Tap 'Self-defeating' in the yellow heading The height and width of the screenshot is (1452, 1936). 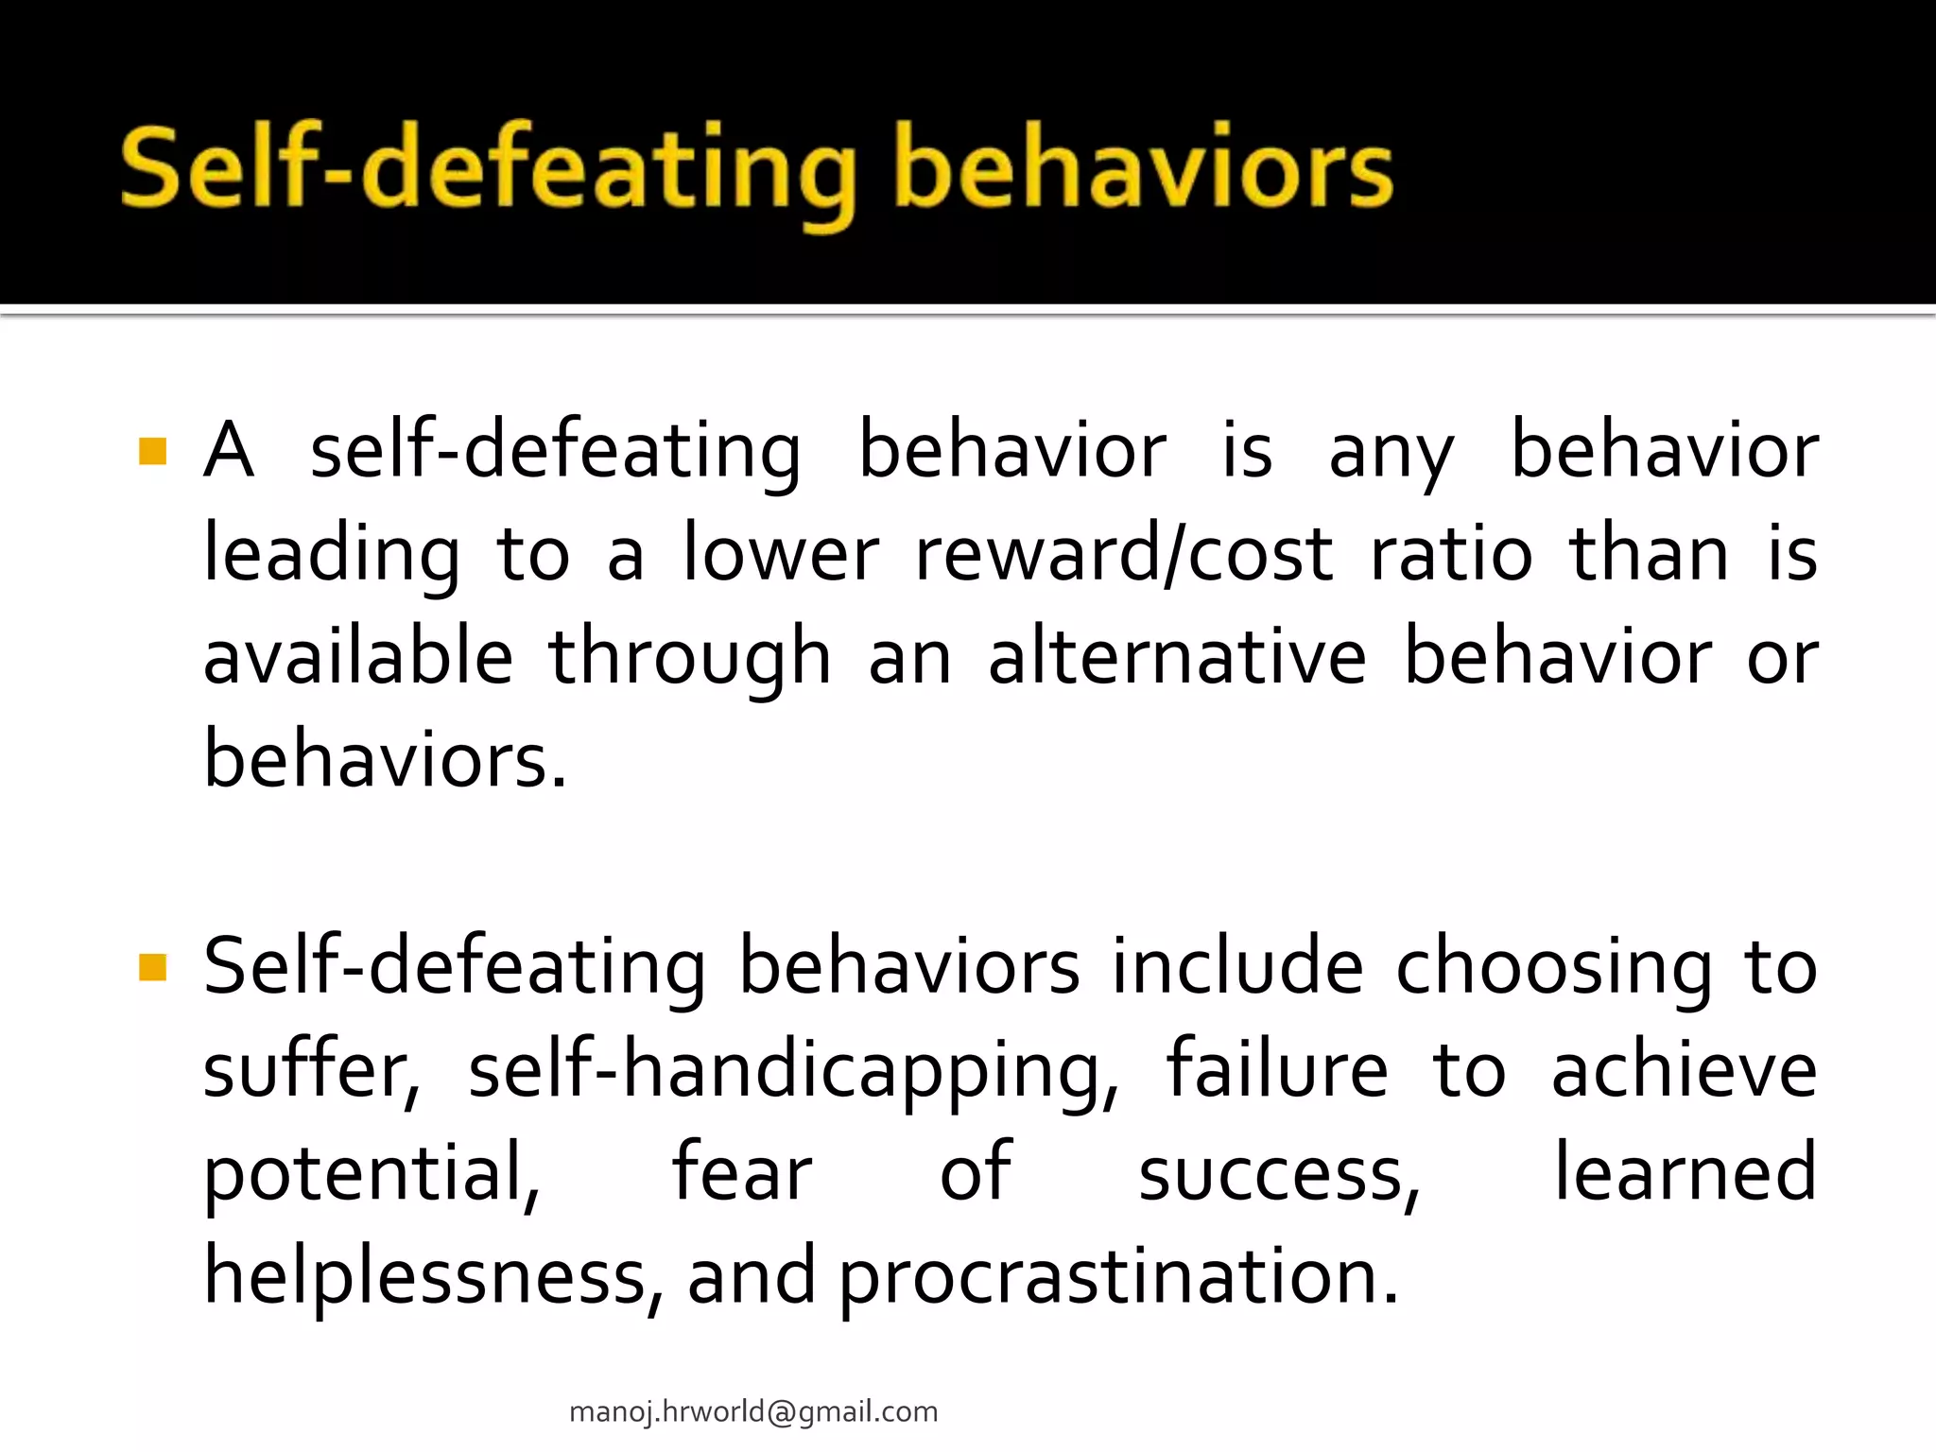[488, 170]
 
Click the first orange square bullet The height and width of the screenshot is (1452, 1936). [152, 451]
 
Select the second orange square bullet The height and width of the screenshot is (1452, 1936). [152, 967]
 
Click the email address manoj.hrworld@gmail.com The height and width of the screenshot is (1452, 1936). [753, 1411]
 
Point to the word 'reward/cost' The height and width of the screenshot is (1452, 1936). [1124, 554]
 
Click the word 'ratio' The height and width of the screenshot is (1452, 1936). [1451, 554]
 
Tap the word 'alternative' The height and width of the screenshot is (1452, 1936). [1177, 657]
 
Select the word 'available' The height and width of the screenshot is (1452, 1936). [358, 657]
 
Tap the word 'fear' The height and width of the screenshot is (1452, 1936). [742, 1174]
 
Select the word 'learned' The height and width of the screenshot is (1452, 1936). [1685, 1174]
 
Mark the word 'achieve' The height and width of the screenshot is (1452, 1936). [1684, 1071]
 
